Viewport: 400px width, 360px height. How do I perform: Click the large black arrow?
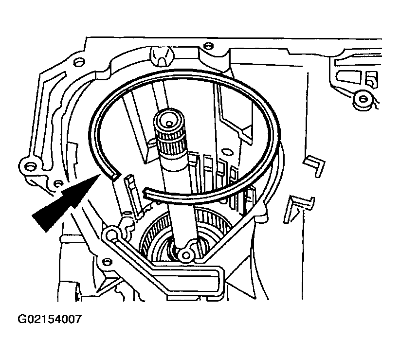point(67,201)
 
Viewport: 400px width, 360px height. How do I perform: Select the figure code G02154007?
point(50,319)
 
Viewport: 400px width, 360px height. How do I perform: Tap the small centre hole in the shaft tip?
point(169,124)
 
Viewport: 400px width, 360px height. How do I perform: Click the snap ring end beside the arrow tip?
point(113,175)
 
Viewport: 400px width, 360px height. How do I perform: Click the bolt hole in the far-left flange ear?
point(30,167)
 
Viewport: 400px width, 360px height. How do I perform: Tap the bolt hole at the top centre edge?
point(208,46)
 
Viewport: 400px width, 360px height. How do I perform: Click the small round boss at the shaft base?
point(185,255)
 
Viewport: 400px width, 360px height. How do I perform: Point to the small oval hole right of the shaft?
point(225,151)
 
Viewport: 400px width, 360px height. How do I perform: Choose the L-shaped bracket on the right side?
point(314,166)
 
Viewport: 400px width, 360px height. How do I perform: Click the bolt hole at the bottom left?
point(107,262)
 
